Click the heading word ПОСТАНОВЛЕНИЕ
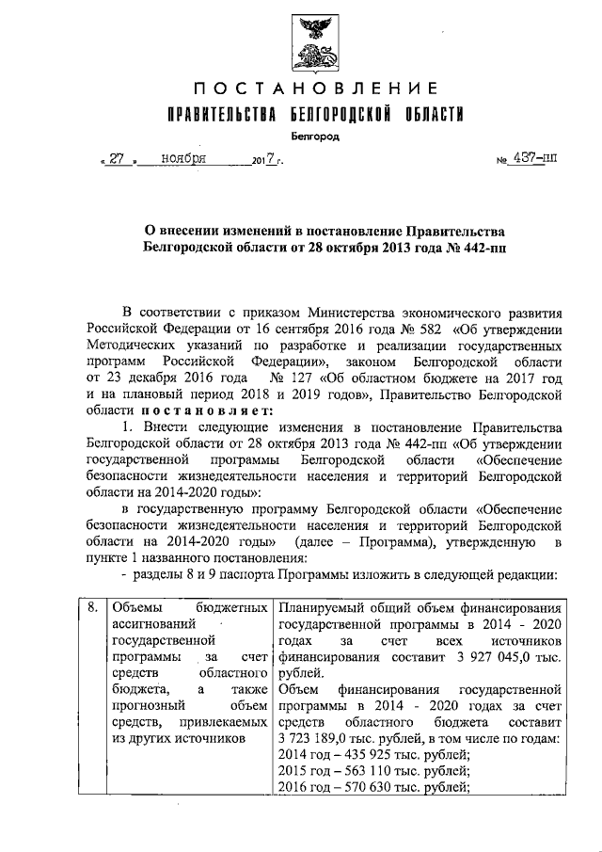[315, 89]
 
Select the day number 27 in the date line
[117, 159]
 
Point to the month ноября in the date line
[183, 159]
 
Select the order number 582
[428, 329]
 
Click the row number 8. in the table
[91, 608]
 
